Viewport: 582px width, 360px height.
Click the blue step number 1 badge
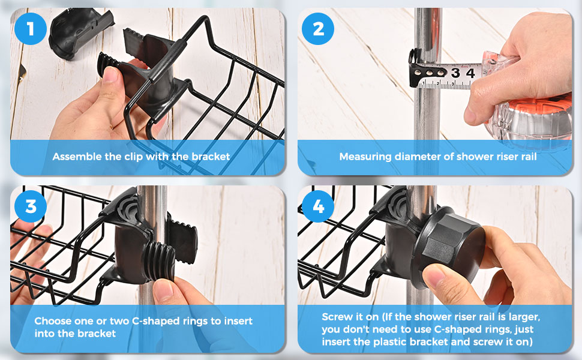pos(31,29)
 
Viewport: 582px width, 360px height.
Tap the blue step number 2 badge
pos(318,29)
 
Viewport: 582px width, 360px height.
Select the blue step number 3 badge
pos(31,206)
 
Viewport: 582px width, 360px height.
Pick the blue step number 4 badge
pos(318,206)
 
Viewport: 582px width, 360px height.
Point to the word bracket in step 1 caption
pos(211,157)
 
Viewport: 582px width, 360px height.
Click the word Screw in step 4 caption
pos(336,317)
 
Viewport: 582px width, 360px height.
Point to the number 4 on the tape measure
pos(470,73)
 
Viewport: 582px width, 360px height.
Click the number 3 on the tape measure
pos(455,73)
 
